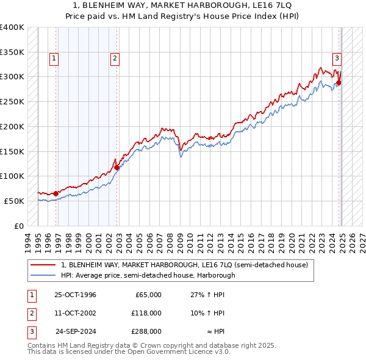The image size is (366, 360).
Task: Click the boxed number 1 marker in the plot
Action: tap(54, 59)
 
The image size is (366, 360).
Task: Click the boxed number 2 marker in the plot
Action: tap(114, 59)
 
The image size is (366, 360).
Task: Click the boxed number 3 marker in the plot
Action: tap(336, 59)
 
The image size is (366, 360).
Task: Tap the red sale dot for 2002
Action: tap(117, 167)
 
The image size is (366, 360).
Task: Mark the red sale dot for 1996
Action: tap(56, 193)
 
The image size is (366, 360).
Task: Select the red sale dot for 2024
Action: tap(339, 83)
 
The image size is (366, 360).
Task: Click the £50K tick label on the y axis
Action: tap(14, 201)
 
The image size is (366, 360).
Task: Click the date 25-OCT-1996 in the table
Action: tap(75, 295)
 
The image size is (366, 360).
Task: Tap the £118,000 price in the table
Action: tap(146, 313)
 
